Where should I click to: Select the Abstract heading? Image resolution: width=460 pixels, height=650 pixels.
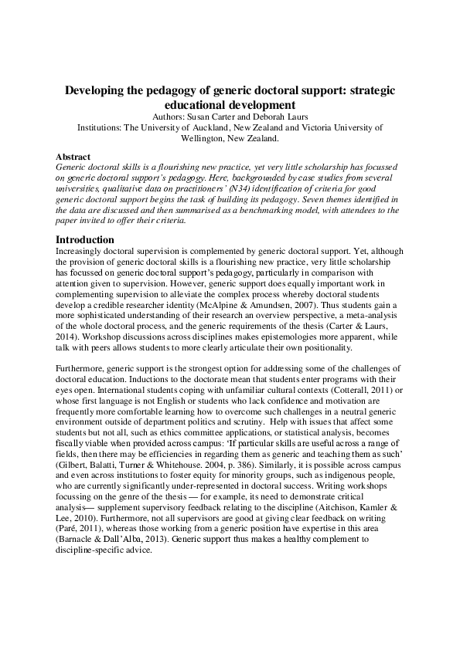(74, 156)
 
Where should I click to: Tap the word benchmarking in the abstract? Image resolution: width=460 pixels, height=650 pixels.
(253, 209)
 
